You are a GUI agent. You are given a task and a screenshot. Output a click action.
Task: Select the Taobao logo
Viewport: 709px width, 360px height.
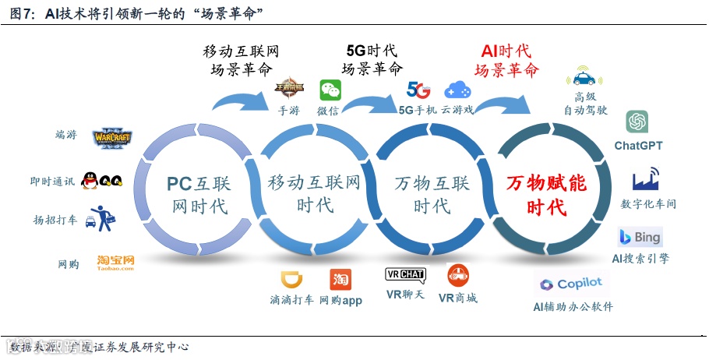click(116, 263)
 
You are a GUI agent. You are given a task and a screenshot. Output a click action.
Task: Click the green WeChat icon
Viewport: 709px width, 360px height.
click(330, 90)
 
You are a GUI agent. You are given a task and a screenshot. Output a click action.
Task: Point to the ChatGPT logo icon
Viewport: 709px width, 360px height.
click(637, 122)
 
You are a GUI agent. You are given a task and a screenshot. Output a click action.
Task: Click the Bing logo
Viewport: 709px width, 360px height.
click(640, 237)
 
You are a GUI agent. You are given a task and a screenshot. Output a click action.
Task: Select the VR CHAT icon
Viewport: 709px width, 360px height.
click(405, 275)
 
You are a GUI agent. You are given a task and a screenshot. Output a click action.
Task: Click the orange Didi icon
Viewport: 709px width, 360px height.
click(291, 279)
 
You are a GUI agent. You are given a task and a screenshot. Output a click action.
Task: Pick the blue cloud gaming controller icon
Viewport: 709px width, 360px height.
click(458, 90)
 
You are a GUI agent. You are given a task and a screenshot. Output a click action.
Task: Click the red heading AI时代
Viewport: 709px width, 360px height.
click(506, 51)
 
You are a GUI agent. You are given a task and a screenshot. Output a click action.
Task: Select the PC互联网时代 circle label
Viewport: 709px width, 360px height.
click(198, 195)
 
